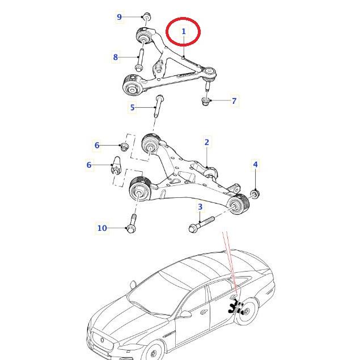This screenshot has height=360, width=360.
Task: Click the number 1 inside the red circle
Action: pyautogui.click(x=183, y=31)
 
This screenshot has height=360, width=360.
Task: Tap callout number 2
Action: pyautogui.click(x=207, y=142)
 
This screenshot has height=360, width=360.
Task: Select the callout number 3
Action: pyautogui.click(x=200, y=207)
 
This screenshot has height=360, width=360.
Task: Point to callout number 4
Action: pyautogui.click(x=255, y=165)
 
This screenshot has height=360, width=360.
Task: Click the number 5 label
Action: pyautogui.click(x=133, y=107)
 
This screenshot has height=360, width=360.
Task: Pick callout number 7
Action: pyautogui.click(x=234, y=101)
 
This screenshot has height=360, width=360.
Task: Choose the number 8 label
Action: pyautogui.click(x=116, y=57)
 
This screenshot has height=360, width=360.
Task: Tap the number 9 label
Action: pyautogui.click(x=119, y=17)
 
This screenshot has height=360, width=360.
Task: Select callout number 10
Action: pyautogui.click(x=102, y=228)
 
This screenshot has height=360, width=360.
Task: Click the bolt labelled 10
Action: pyautogui.click(x=132, y=223)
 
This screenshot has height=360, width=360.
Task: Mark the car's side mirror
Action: pyautogui.click(x=185, y=314)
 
